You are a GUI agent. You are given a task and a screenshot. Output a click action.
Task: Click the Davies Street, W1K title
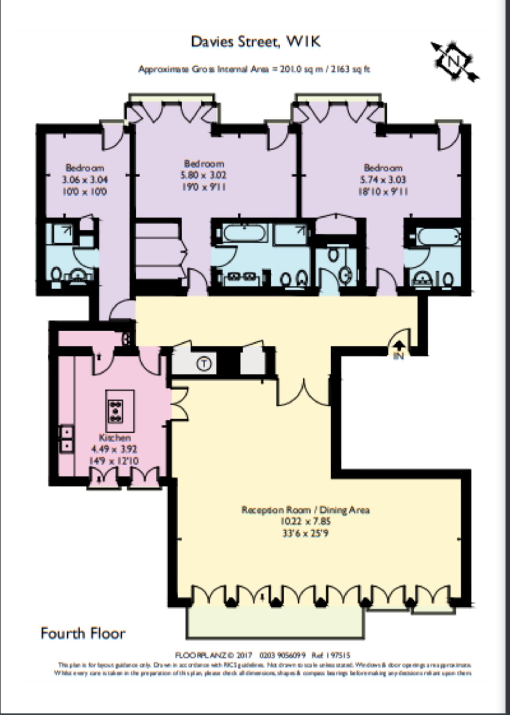[255, 42]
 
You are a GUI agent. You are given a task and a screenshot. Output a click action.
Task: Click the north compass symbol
[454, 62]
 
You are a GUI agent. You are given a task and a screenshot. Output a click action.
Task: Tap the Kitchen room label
[115, 437]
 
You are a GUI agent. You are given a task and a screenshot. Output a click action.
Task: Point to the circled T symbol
[204, 364]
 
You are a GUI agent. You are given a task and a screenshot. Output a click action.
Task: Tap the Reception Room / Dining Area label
[305, 510]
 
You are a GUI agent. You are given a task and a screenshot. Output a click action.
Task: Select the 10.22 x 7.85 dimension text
[305, 522]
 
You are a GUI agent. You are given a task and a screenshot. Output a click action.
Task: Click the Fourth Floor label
[83, 633]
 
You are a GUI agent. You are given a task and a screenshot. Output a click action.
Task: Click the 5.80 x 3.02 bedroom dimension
[204, 175]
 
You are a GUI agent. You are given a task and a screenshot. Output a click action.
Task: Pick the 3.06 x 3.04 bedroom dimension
[85, 180]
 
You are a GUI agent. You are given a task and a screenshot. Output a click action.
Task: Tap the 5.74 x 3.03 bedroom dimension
[383, 180]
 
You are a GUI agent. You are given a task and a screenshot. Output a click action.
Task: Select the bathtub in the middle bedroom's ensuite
[245, 233]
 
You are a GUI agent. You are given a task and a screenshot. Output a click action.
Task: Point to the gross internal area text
[254, 69]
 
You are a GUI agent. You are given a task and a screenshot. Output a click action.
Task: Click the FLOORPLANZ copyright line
[262, 655]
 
